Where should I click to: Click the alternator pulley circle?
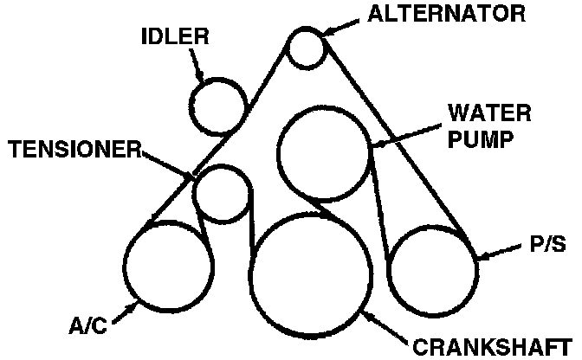[306, 47]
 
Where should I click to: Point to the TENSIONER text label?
[74, 150]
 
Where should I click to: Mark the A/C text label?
[89, 328]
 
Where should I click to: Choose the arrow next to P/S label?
[500, 254]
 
